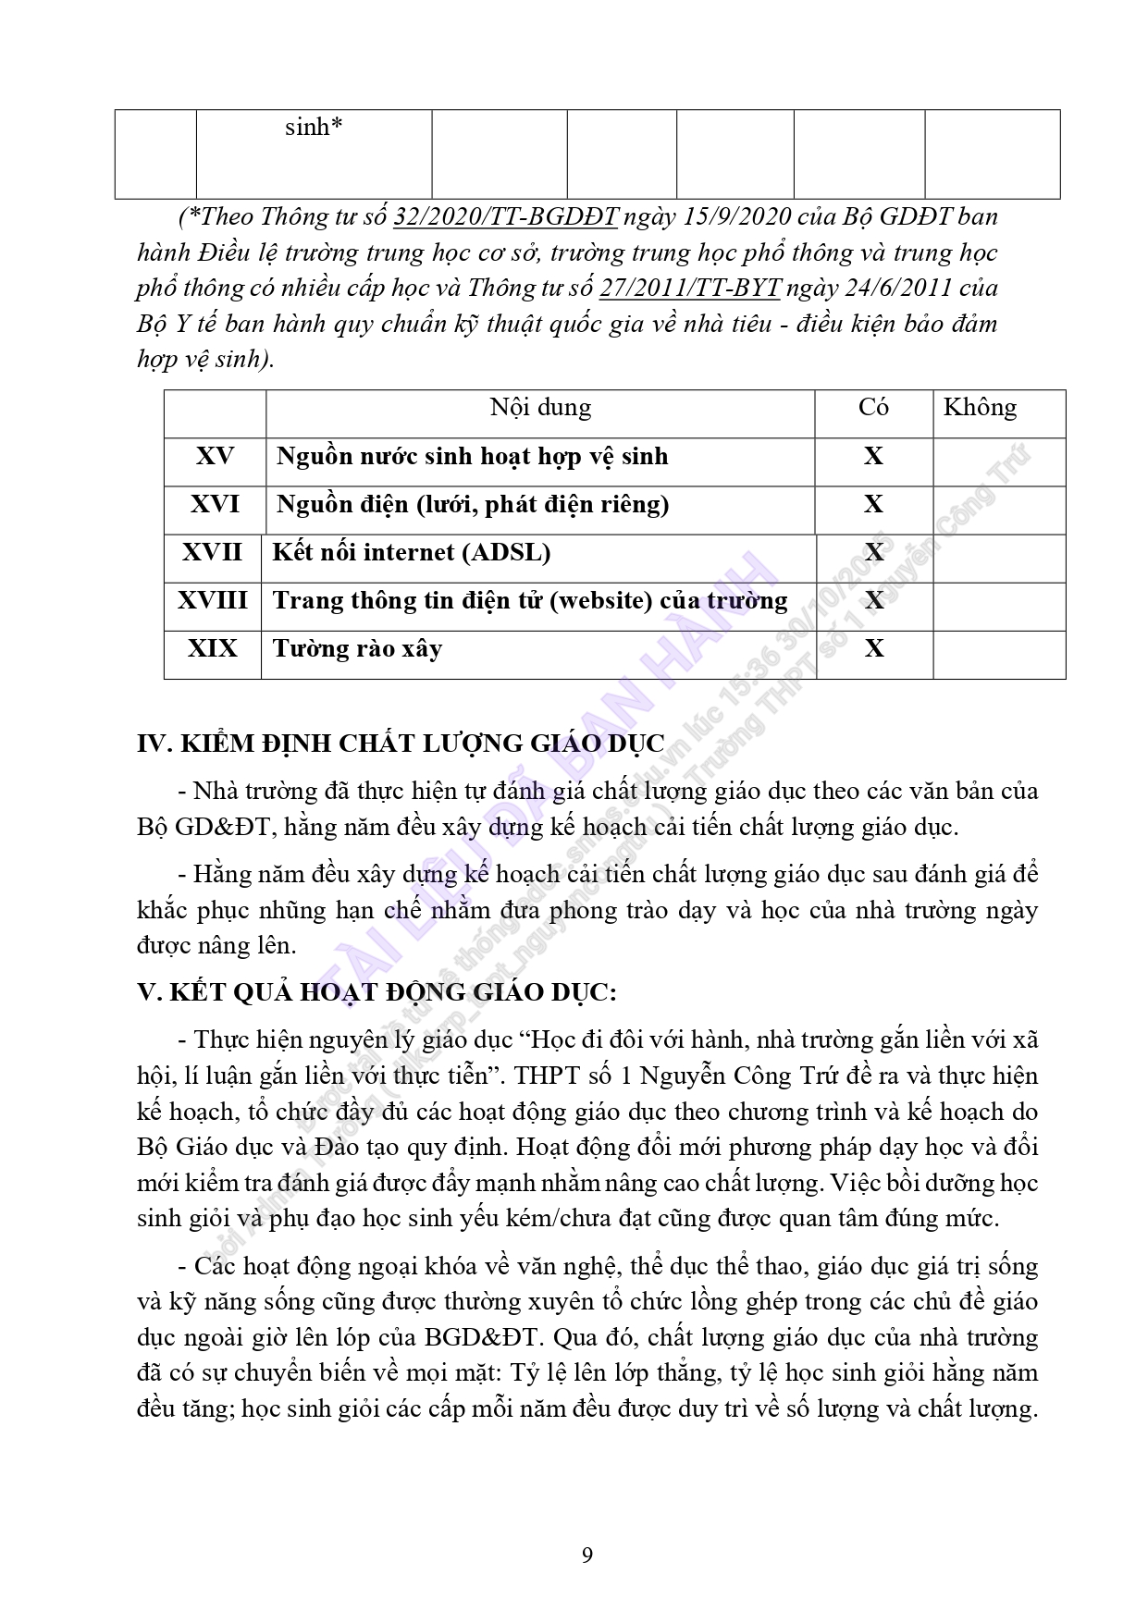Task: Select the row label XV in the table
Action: pyautogui.click(x=215, y=456)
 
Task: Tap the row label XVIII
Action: pyautogui.click(x=213, y=600)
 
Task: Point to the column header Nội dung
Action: pyautogui.click(x=540, y=408)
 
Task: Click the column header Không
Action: pyautogui.click(x=980, y=408)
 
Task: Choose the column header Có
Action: pyautogui.click(x=873, y=408)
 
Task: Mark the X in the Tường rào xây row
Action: pyautogui.click(x=873, y=648)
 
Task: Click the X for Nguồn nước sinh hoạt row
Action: pyautogui.click(x=873, y=456)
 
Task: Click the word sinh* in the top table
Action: pyautogui.click(x=314, y=128)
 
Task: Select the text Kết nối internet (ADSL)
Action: pyautogui.click(x=411, y=552)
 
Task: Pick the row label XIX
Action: pyautogui.click(x=213, y=648)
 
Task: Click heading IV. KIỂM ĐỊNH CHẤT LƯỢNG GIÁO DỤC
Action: pyautogui.click(x=401, y=744)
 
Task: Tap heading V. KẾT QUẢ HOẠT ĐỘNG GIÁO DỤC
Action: pyautogui.click(x=376, y=992)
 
